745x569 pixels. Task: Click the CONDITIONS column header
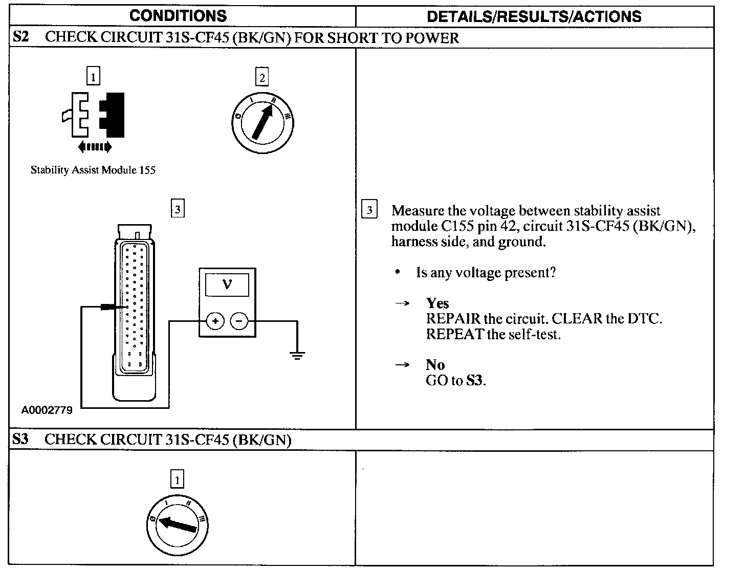[178, 15]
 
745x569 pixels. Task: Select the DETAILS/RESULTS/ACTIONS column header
[534, 16]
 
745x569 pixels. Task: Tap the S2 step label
[20, 37]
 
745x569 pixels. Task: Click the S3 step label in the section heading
[20, 439]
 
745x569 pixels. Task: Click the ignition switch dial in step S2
[262, 122]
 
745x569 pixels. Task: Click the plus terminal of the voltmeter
[215, 321]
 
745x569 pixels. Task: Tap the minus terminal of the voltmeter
[239, 321]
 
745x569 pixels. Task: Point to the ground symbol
[297, 354]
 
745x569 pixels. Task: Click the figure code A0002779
[47, 410]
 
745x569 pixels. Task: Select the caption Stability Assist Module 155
[93, 170]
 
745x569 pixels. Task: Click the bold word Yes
[437, 303]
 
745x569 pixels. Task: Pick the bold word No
[435, 364]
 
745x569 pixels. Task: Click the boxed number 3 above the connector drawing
[177, 209]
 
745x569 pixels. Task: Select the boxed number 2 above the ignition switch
[262, 77]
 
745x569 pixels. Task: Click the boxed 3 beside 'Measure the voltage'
[369, 210]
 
